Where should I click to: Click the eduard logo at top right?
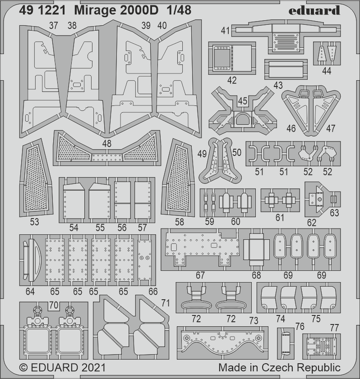314,10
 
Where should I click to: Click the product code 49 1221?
42,10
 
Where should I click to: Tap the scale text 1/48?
179,10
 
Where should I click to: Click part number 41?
225,31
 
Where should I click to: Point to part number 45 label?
242,101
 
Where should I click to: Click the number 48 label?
107,144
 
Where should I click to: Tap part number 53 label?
34,222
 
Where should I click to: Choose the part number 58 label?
179,222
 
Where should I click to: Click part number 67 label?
200,275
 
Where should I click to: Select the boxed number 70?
54,305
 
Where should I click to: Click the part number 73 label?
254,321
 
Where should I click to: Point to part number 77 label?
334,328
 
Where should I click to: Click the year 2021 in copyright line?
94,368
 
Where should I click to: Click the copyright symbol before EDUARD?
23,368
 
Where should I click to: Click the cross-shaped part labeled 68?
256,249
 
